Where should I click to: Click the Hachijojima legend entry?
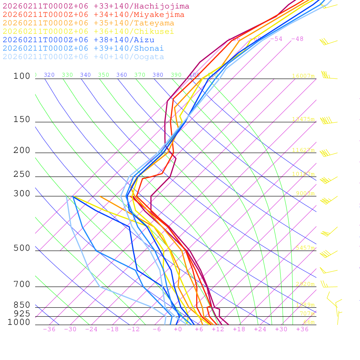96,6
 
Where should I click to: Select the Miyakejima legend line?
94,15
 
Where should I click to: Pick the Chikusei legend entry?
88,32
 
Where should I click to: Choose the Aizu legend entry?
79,40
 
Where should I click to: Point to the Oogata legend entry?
83,57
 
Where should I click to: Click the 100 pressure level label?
22,76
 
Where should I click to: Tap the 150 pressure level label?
22,120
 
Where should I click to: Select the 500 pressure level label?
22,248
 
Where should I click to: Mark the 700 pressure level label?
22,284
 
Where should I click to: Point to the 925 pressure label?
22,314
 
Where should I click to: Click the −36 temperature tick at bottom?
49,329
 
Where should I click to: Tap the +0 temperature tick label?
178,329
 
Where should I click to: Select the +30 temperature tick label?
281,329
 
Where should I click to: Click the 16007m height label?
303,76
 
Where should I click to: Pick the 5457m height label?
305,248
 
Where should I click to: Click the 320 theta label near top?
49,75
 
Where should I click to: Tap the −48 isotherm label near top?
297,39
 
